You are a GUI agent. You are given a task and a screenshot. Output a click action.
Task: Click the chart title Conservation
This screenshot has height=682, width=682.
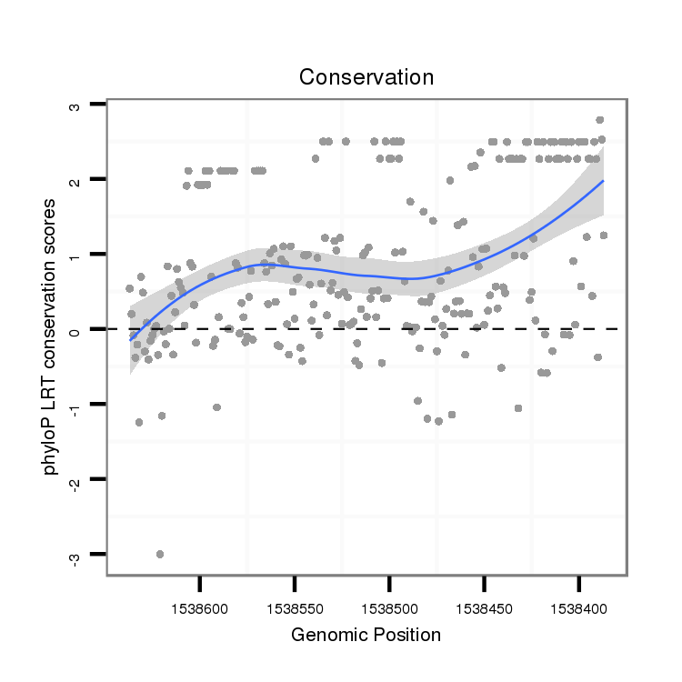(x=366, y=77)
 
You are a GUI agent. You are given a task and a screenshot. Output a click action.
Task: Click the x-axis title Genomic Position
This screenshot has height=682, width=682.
(x=366, y=635)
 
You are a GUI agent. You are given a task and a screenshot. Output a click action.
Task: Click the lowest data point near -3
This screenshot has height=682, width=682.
(x=160, y=554)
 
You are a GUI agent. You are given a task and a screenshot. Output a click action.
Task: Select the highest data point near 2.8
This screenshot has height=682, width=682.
(x=600, y=120)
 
